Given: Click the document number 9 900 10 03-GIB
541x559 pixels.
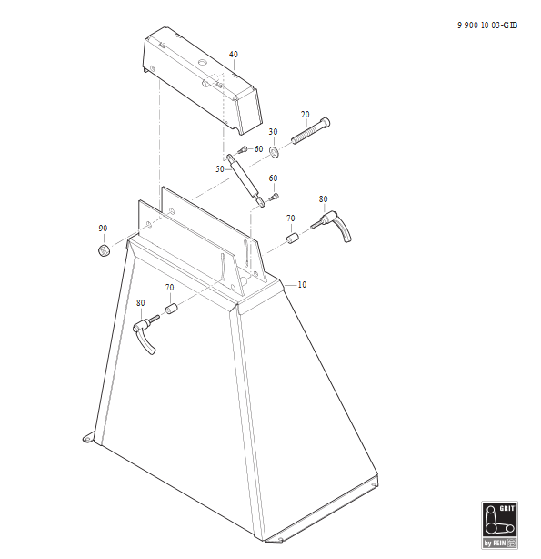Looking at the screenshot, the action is point(487,25).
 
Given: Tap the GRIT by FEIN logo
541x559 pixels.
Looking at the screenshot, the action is point(499,524).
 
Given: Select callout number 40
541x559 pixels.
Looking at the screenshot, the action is point(234,55).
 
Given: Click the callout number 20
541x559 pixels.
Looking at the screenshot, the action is point(305,115).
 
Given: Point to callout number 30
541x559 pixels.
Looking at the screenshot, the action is point(273,132).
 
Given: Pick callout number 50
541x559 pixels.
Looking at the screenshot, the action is point(220,169).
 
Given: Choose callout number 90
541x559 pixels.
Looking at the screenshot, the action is point(103,229).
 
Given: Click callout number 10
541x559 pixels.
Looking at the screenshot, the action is point(302,285).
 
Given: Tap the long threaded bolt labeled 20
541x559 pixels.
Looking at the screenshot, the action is point(311,131).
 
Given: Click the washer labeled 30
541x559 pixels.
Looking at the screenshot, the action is point(275,152).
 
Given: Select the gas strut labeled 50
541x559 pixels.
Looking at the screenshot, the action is point(245,180).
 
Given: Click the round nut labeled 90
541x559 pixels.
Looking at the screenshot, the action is point(104,250).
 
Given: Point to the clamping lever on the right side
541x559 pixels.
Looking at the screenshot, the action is point(332,225).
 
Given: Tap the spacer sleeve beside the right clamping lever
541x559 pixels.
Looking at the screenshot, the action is point(293,239).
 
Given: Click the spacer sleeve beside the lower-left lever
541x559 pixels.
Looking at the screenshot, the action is point(171,309).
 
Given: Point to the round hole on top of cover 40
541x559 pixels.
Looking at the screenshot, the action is point(203,63).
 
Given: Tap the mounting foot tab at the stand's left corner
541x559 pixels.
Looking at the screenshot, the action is point(88,438).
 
